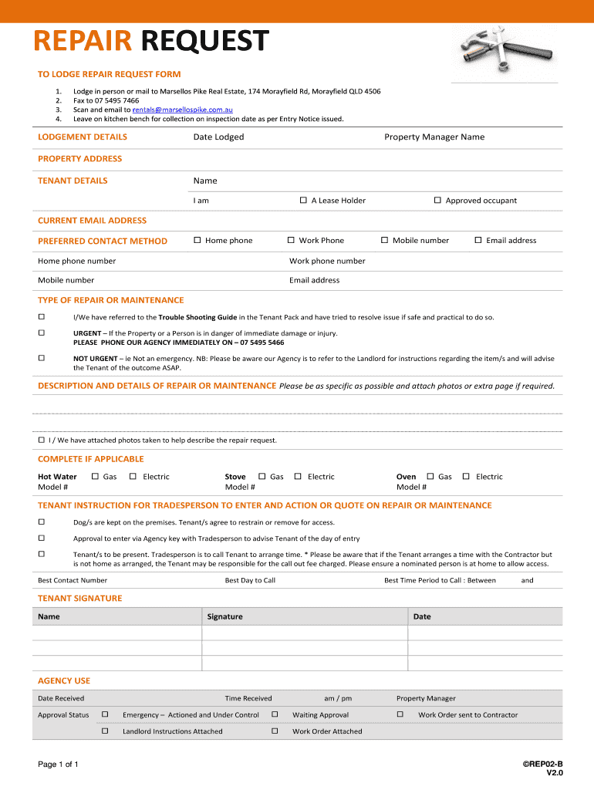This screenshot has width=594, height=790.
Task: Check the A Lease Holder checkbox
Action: click(303, 201)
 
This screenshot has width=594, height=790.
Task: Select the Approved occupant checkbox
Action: click(437, 201)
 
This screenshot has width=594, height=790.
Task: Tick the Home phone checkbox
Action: click(197, 241)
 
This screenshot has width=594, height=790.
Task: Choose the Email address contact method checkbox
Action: click(478, 241)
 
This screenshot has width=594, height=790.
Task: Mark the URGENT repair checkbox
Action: click(42, 333)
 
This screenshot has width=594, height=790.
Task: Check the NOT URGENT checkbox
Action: click(42, 358)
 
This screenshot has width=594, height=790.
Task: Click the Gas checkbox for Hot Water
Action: click(95, 477)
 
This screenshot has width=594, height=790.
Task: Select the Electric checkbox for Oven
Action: click(466, 477)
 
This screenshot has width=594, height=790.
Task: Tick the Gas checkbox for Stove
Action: click(262, 477)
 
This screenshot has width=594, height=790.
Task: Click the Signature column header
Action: click(225, 616)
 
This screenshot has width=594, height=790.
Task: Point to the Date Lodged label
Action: click(218, 137)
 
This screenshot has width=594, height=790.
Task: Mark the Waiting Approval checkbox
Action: click(275, 715)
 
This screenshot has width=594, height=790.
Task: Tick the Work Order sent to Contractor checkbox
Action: click(400, 715)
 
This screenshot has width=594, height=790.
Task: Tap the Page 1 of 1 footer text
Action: click(59, 765)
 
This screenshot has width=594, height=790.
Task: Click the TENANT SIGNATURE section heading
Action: click(80, 598)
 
